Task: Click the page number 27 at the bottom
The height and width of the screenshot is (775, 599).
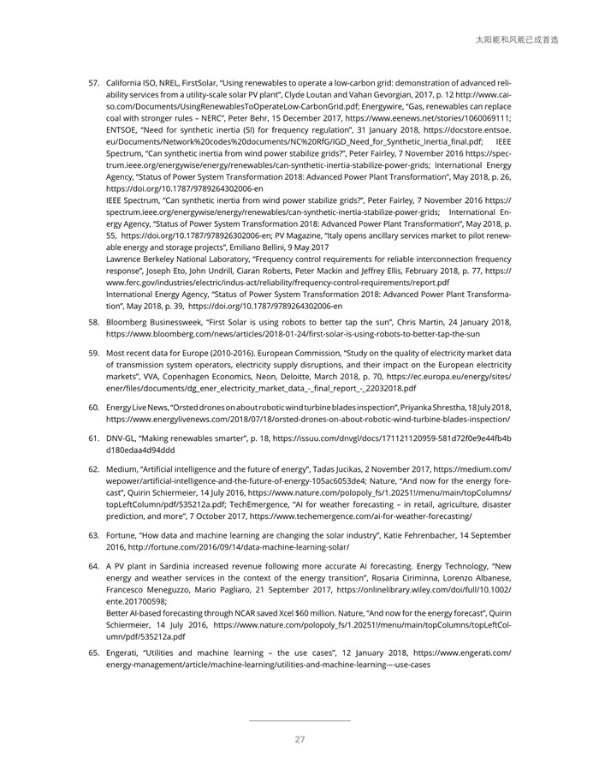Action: pyautogui.click(x=299, y=740)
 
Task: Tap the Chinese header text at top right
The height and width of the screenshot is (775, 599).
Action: pyautogui.click(x=527, y=39)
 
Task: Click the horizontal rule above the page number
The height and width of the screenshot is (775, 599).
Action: pyautogui.click(x=299, y=720)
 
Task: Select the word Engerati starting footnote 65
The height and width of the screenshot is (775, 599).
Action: pyautogui.click(x=126, y=653)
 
